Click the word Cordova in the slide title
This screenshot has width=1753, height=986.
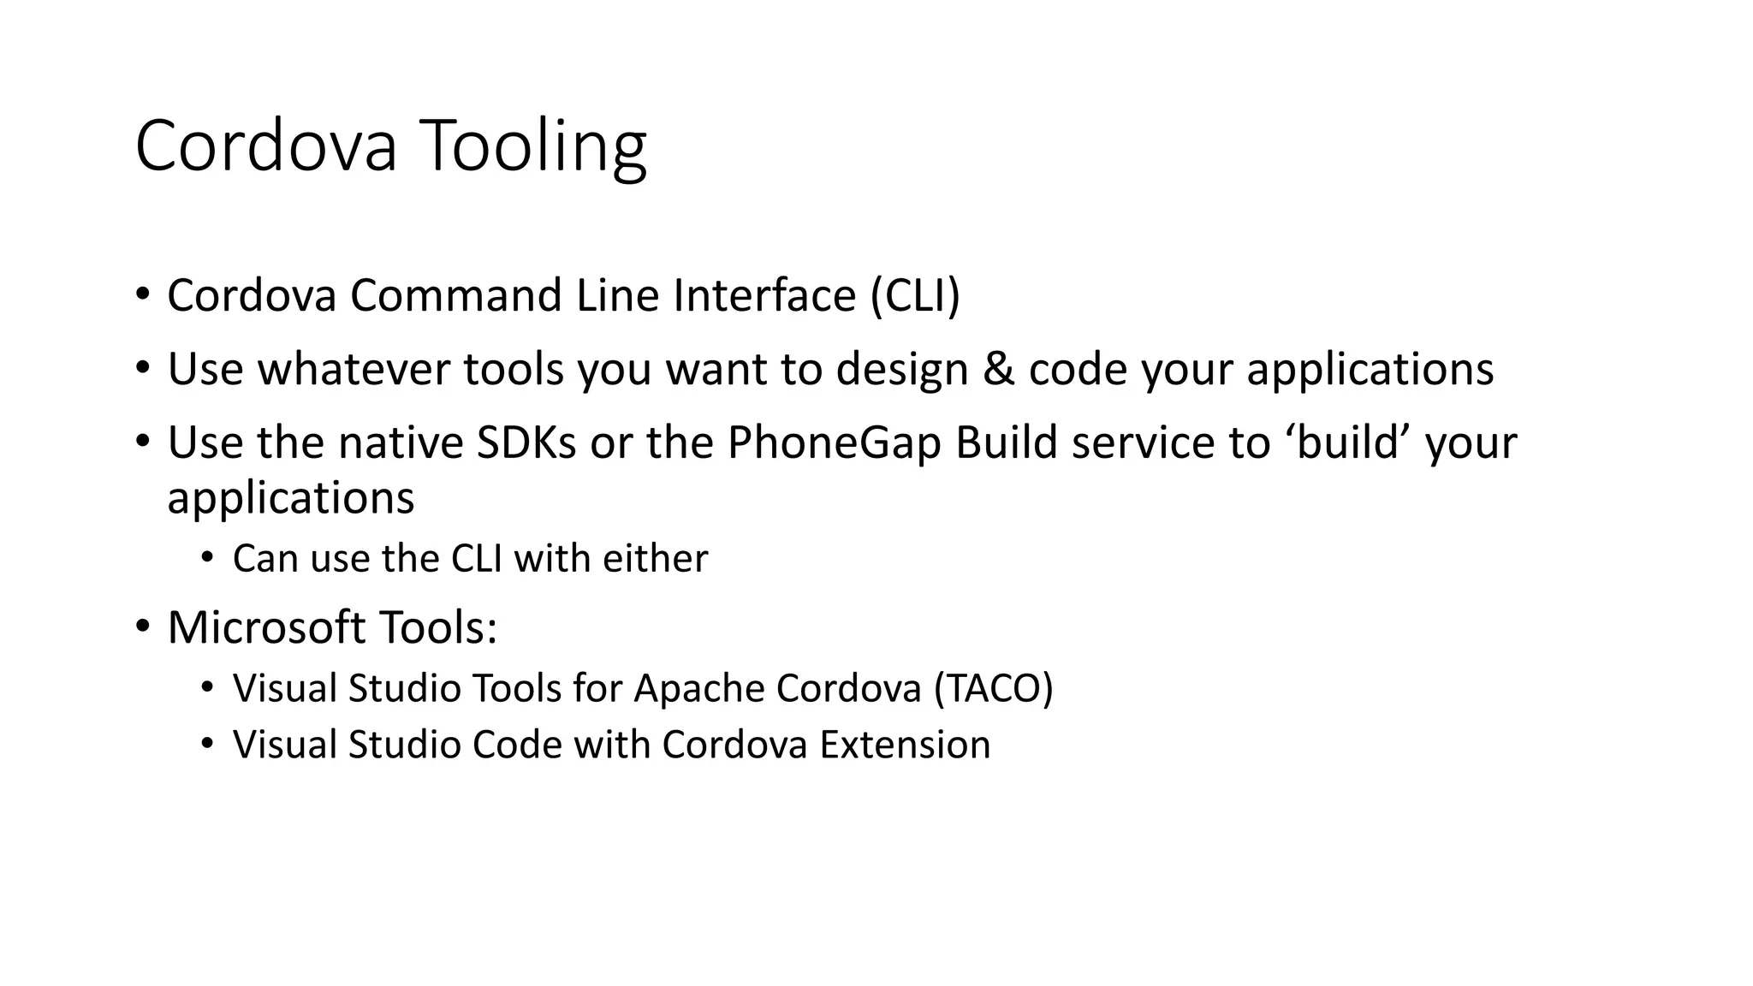coord(266,147)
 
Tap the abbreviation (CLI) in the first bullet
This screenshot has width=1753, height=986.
coord(915,295)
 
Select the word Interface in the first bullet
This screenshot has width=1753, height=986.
coord(764,295)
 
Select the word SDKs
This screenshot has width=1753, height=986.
coord(526,443)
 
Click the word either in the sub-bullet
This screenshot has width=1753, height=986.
coord(655,559)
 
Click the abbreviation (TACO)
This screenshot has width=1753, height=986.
coord(993,689)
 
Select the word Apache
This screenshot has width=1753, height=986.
coord(698,689)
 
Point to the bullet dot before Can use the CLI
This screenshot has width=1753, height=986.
coord(207,558)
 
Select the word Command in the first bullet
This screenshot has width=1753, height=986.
coord(455,295)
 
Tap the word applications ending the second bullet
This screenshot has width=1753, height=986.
coord(1370,370)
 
